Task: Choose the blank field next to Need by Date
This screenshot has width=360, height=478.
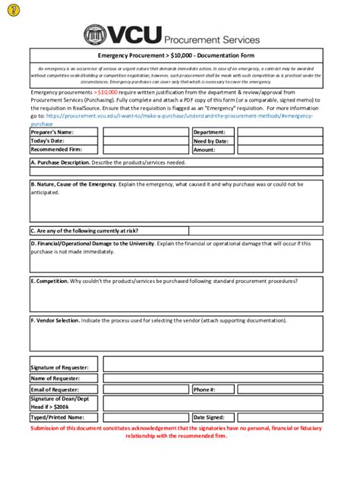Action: coord(279,140)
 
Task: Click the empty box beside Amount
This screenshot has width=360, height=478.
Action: coord(279,150)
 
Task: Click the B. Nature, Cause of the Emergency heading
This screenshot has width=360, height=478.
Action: coord(73,184)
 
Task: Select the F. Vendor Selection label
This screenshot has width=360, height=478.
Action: coord(55,320)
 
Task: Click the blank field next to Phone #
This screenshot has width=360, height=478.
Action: coord(279,389)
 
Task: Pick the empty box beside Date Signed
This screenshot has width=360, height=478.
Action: coord(279,417)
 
